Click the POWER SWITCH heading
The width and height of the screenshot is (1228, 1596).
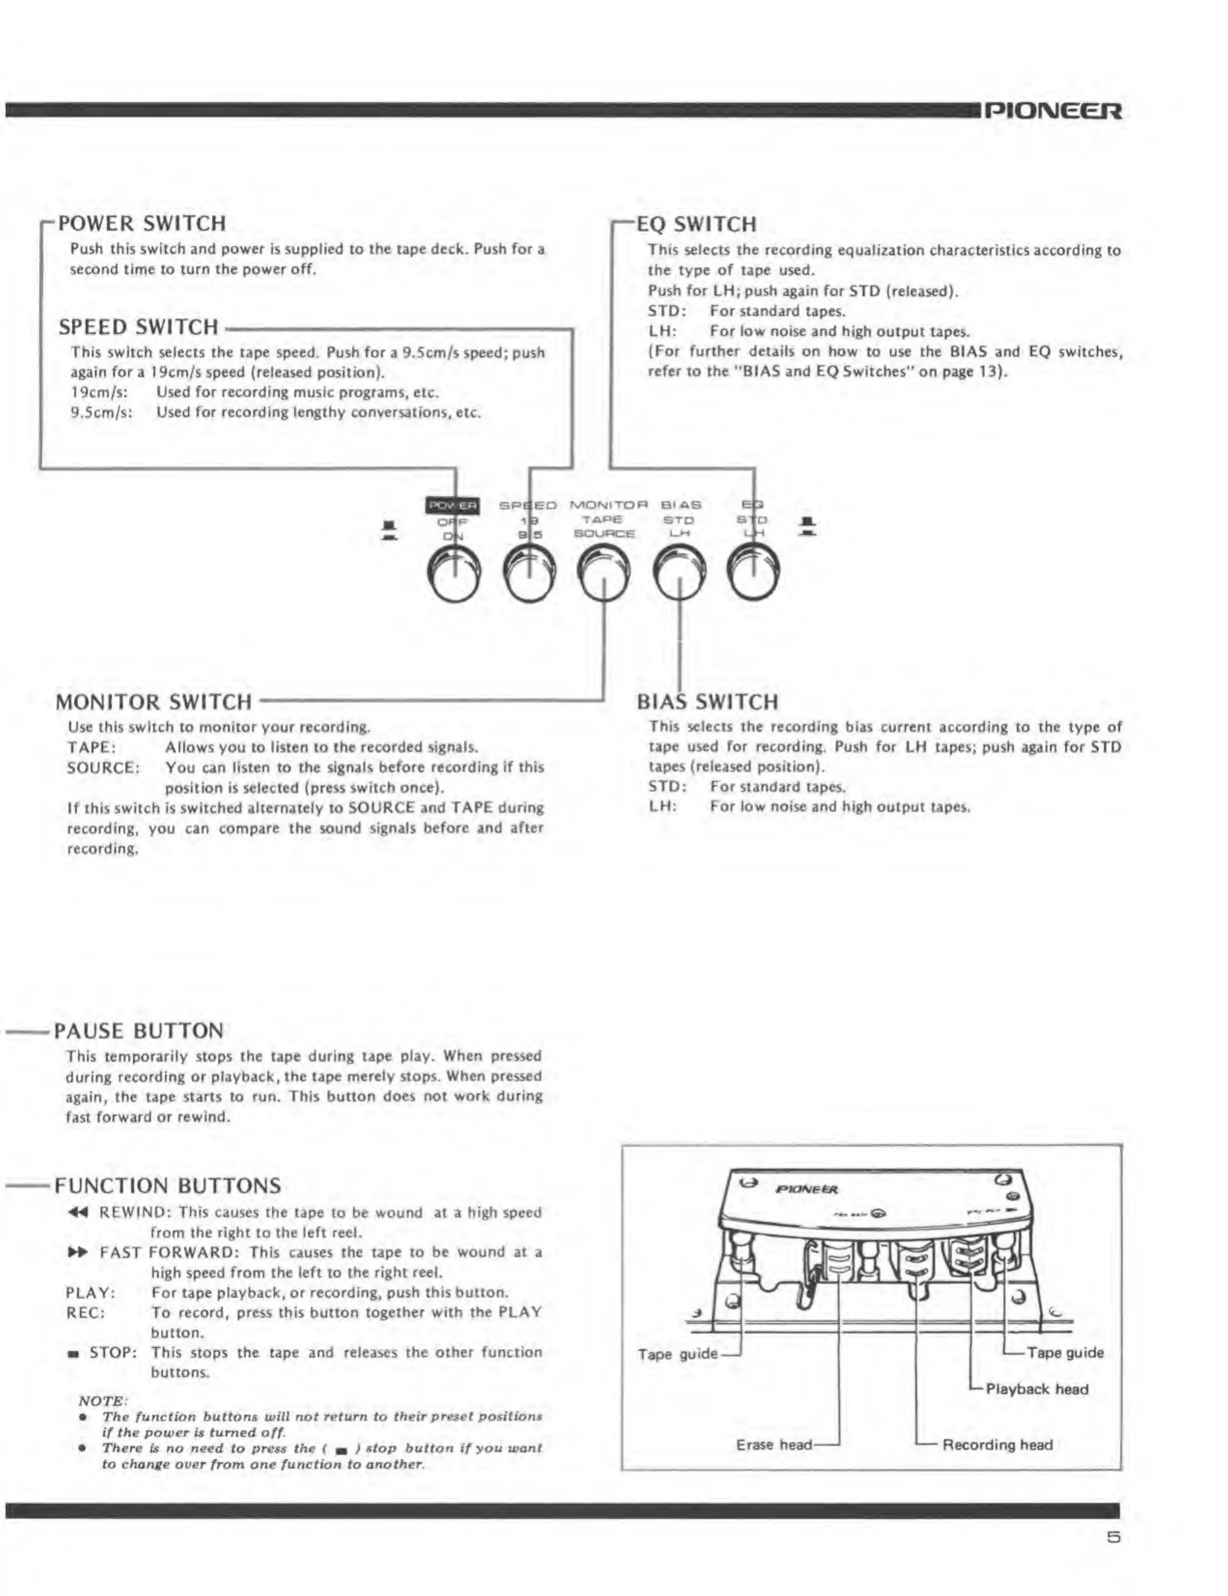(x=142, y=223)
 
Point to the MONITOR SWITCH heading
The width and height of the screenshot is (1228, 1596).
(x=153, y=701)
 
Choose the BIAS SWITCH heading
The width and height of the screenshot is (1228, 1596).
(x=707, y=701)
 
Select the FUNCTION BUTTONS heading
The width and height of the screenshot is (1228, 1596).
(x=168, y=1185)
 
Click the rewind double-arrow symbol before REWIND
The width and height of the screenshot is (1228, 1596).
(x=77, y=1212)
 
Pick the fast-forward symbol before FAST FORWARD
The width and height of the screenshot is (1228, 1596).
(x=77, y=1253)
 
